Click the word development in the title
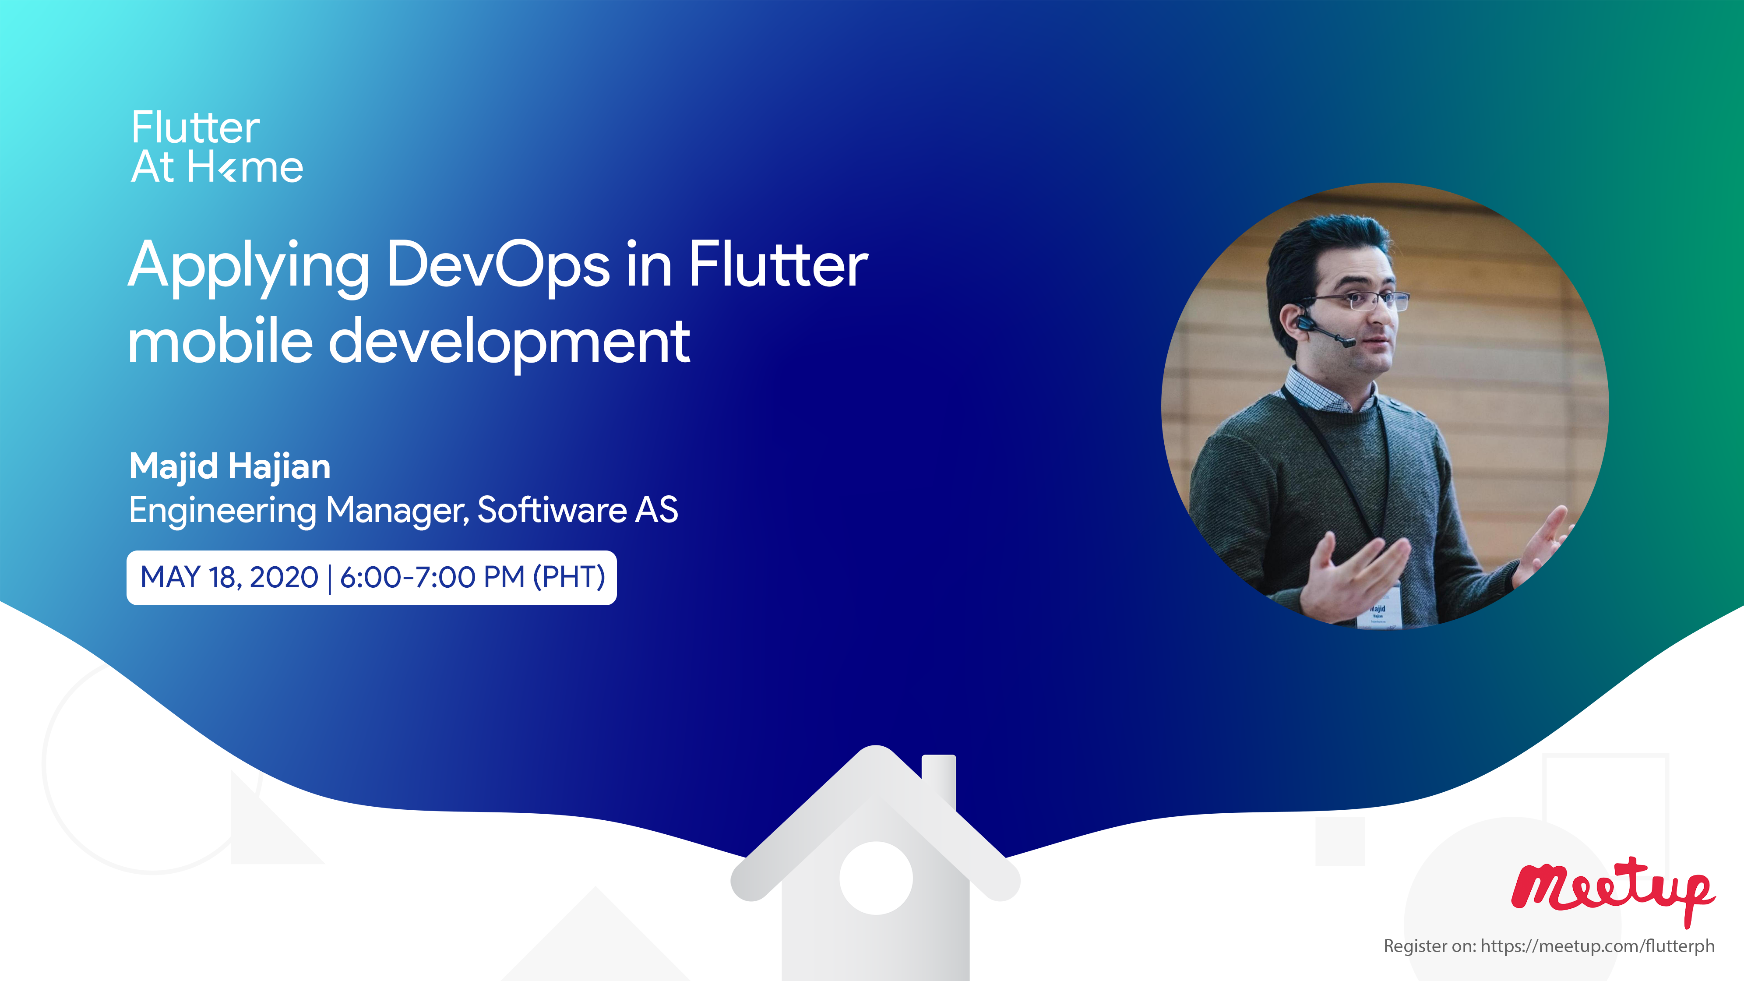(x=509, y=344)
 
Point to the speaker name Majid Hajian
(x=229, y=466)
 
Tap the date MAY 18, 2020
(x=229, y=578)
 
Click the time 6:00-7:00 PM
(x=432, y=578)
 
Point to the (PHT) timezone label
(x=569, y=578)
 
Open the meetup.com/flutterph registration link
(x=1597, y=946)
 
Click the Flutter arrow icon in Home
(x=229, y=169)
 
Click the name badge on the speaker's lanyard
(x=1378, y=609)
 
